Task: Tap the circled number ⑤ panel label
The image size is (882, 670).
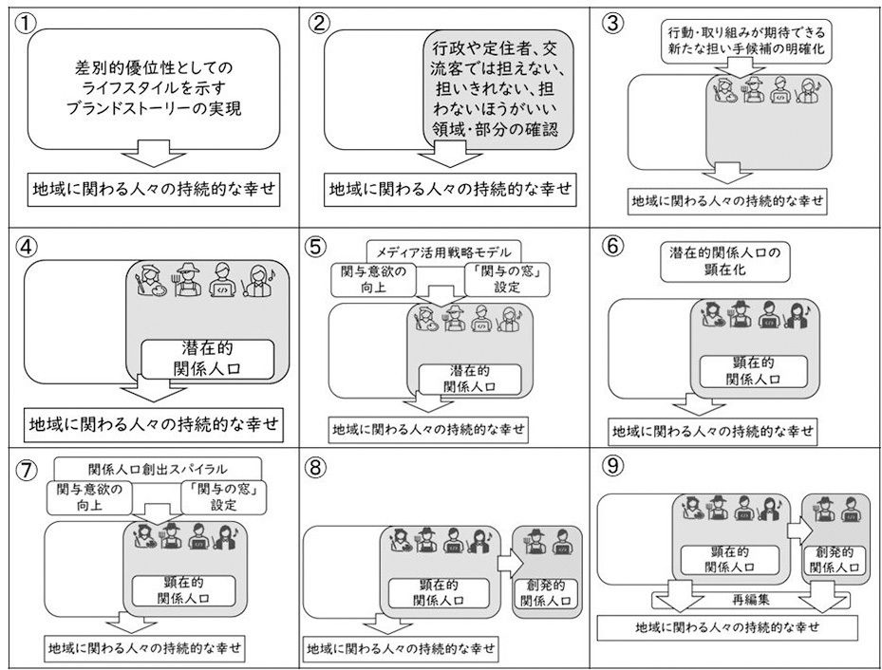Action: pos(317,246)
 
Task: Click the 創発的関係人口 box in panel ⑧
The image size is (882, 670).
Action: pos(545,592)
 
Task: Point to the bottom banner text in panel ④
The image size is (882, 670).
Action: pos(156,422)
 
